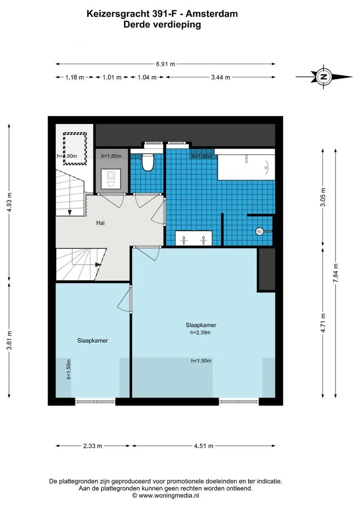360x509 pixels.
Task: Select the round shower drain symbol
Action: [x=260, y=231]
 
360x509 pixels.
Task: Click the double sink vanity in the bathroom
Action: [x=194, y=238]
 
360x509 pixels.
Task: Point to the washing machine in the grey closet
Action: [x=111, y=179]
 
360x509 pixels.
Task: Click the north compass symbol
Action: [x=324, y=77]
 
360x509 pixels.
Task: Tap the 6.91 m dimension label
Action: [x=165, y=64]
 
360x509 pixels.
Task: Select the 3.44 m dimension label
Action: [x=221, y=77]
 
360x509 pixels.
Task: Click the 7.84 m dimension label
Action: [x=336, y=273]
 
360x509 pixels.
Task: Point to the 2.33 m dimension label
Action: [x=93, y=446]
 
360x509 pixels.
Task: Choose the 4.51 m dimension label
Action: [x=204, y=446]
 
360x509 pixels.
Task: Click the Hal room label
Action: [x=100, y=223]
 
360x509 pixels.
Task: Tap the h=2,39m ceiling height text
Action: [x=200, y=332]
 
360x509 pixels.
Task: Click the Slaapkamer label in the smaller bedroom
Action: [x=92, y=341]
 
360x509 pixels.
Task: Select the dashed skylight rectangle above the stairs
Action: [x=74, y=148]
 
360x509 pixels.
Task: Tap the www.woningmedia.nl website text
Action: [x=169, y=496]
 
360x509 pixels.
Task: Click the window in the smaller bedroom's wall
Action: [x=95, y=402]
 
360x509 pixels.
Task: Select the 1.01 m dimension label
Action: [x=112, y=77]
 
